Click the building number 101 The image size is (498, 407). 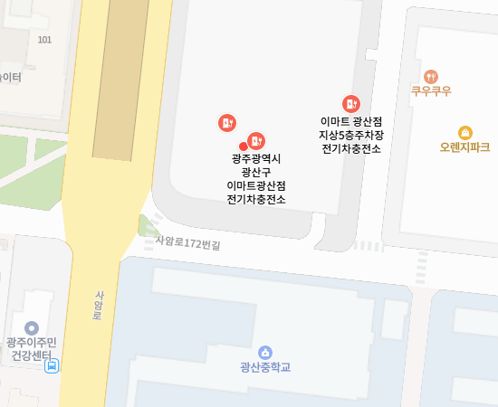point(45,40)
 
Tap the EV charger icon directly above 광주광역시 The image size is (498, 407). point(256,140)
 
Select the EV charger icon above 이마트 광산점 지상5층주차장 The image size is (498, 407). point(350,104)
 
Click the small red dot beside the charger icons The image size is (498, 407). point(243,147)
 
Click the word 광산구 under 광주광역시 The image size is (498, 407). point(256,172)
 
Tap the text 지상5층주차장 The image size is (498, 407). point(350,134)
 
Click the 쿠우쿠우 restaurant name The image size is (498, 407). point(431,91)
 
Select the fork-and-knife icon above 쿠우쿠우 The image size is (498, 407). point(431,77)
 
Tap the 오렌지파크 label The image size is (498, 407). point(464,147)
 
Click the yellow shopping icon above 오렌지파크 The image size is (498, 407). point(464,132)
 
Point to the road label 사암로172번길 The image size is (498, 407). point(187,242)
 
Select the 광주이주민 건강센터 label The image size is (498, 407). point(31,348)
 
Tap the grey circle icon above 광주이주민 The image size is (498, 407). point(32,327)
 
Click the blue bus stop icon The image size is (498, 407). point(53,366)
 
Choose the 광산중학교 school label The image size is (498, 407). point(265,367)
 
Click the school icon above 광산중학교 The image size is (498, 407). point(265,352)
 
